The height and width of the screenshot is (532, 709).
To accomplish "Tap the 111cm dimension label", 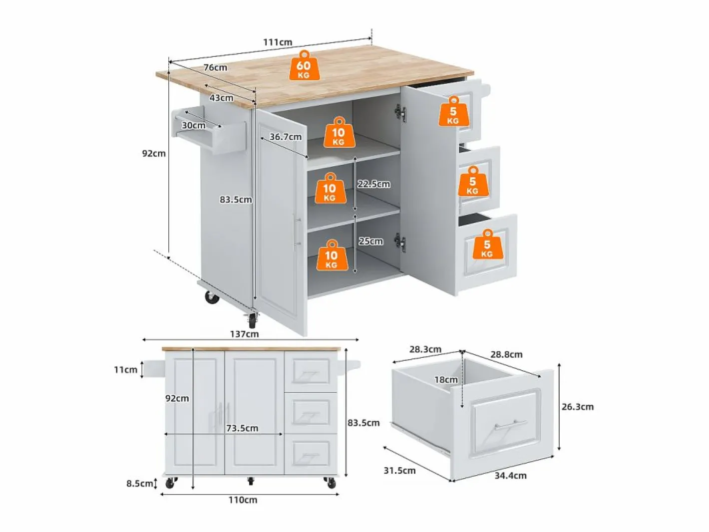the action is click(x=278, y=42).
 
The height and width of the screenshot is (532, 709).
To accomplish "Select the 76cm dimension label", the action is click(x=215, y=67).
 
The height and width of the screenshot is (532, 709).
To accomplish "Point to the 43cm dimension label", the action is click(x=221, y=97).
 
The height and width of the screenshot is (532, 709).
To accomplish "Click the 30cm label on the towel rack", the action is click(x=194, y=125).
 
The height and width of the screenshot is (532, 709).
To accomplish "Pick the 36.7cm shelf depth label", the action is click(x=286, y=137).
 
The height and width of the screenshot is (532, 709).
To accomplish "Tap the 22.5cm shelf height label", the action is click(x=373, y=184).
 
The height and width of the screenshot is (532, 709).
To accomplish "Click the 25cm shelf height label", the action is click(x=371, y=241).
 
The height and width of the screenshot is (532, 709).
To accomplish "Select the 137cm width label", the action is click(x=245, y=334).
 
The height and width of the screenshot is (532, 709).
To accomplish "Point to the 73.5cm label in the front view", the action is click(x=242, y=428).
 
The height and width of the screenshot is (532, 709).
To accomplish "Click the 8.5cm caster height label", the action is click(x=139, y=484).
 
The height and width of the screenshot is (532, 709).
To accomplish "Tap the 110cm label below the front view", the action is click(x=243, y=500).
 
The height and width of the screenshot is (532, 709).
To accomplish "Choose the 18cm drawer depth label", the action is click(x=446, y=380).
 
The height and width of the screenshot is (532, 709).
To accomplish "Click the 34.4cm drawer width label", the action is click(x=510, y=476).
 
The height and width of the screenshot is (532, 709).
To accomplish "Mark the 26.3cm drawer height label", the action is click(x=578, y=407).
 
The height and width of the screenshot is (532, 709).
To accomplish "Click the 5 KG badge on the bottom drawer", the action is click(x=487, y=245).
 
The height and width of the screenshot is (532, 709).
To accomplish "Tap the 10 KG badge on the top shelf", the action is click(x=339, y=132).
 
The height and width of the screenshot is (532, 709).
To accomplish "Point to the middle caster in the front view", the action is click(x=251, y=481).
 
